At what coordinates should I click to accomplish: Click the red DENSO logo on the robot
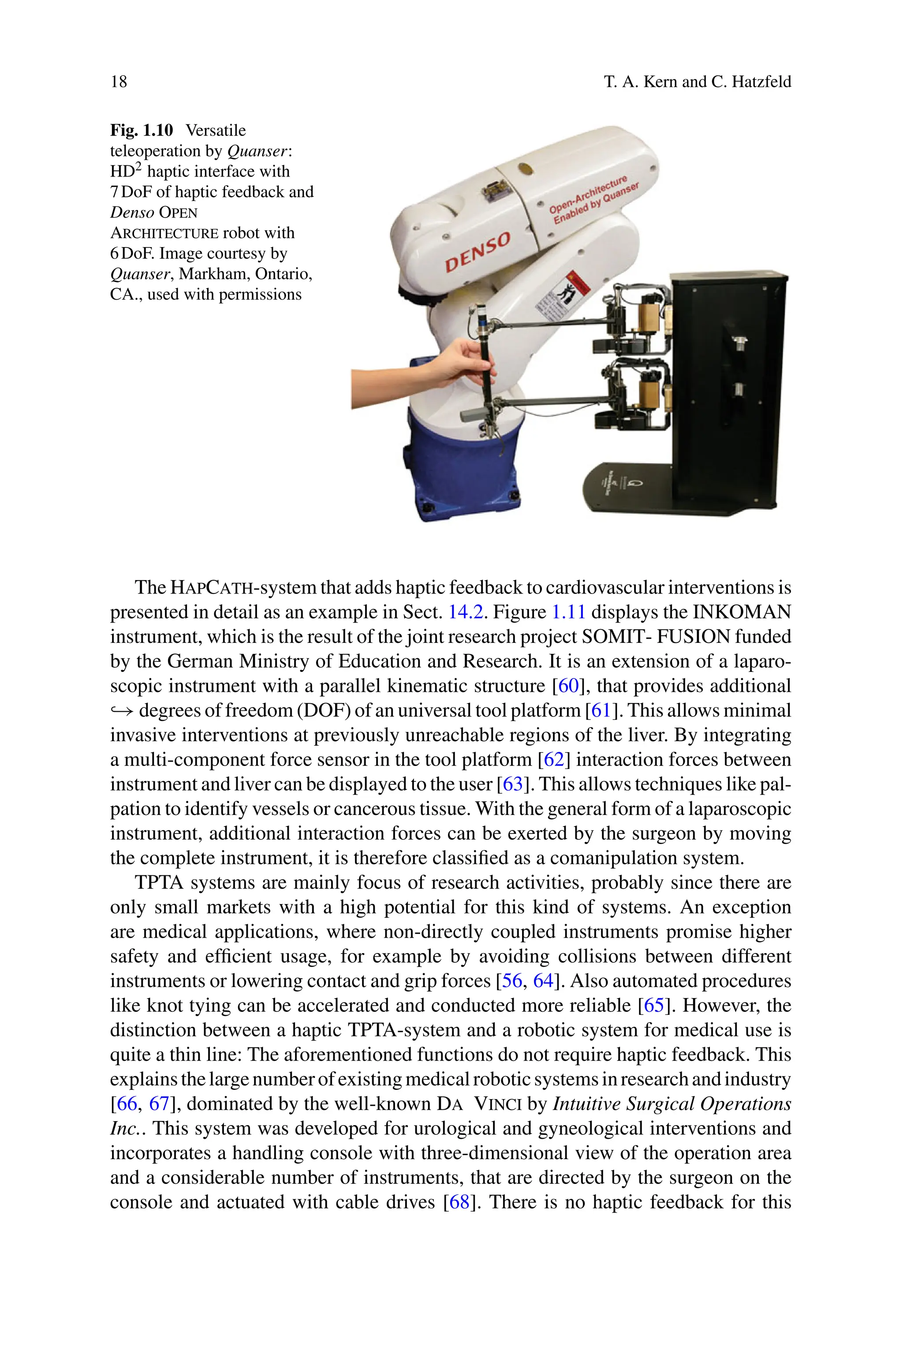tap(478, 252)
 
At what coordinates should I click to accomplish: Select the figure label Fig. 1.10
tap(142, 130)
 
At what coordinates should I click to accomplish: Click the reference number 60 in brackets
tap(568, 686)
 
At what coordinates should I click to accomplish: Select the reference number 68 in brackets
tap(459, 1202)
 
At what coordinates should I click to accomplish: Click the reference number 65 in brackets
tap(653, 1005)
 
